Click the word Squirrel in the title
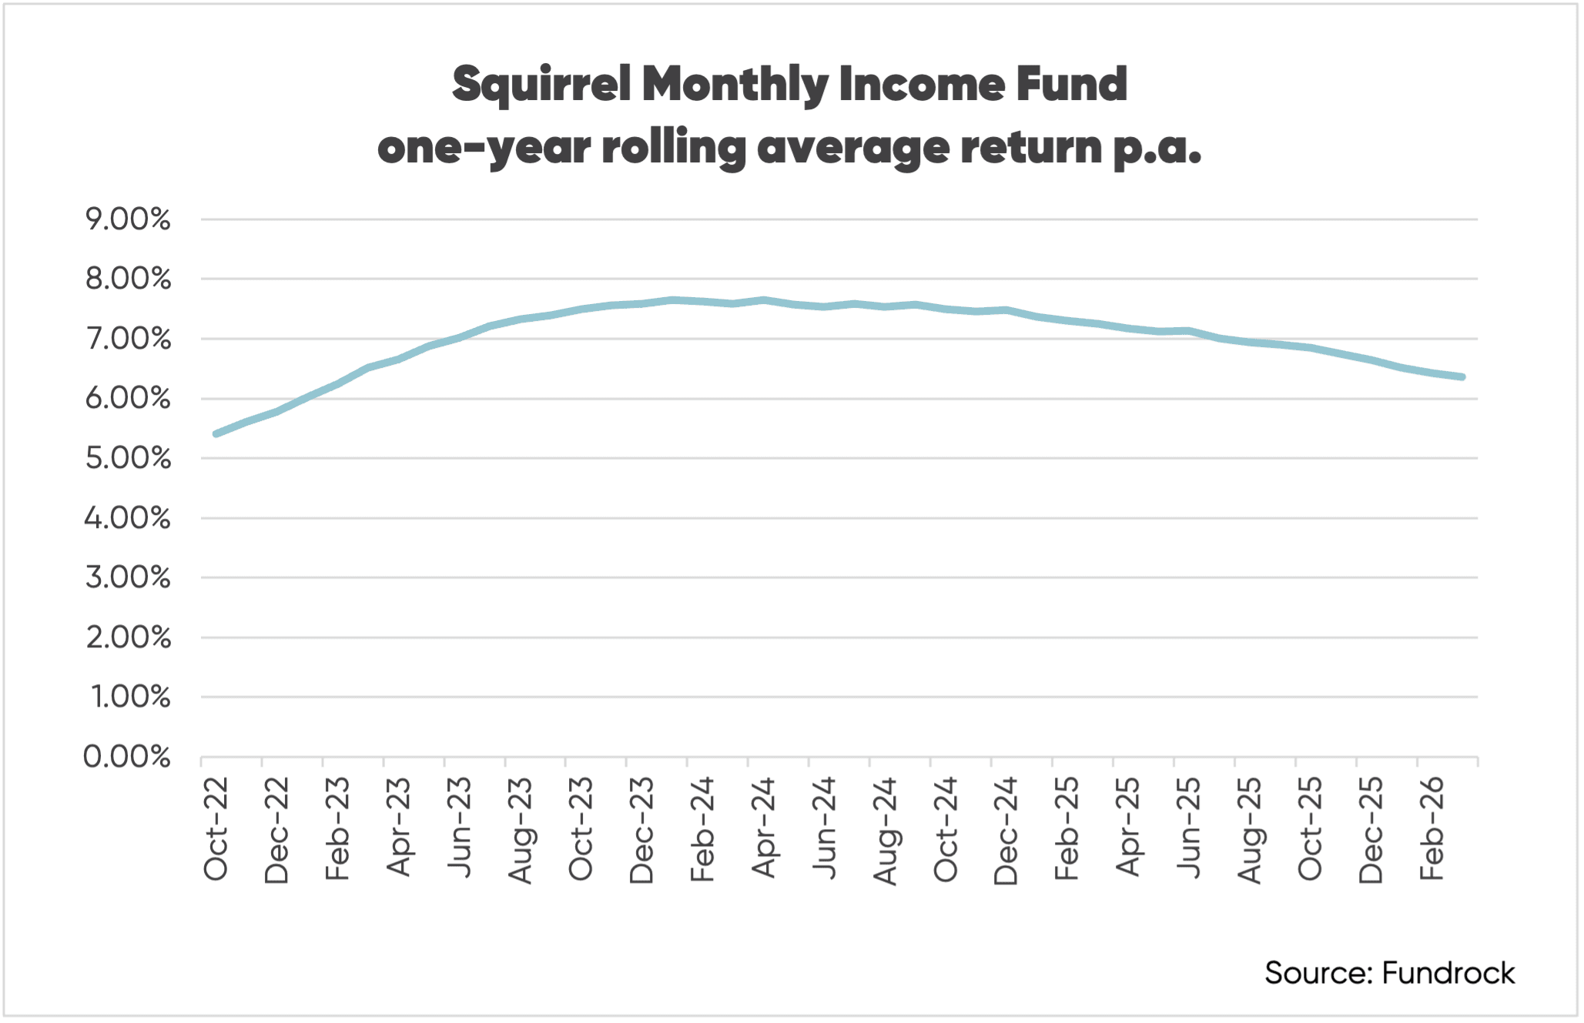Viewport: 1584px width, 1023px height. coord(541,85)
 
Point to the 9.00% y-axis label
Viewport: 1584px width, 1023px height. coord(128,220)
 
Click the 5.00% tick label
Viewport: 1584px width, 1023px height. coord(128,459)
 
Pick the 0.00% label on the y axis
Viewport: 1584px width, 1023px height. coord(127,757)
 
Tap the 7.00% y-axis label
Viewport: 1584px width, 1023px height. coord(128,339)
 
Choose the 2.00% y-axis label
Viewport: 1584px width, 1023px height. coord(128,638)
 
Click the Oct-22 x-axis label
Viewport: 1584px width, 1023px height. coord(216,828)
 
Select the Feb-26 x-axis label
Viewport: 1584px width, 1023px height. coord(1432,828)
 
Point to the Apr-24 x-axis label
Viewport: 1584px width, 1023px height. coord(763,828)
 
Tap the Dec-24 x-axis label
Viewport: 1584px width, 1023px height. coord(1006,828)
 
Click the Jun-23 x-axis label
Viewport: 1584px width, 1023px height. coord(459,828)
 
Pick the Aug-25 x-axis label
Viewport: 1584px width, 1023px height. coord(1249,828)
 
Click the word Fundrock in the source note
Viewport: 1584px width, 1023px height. coord(1448,973)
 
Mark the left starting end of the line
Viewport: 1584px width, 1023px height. coord(216,434)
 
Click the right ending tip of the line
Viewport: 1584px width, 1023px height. coord(1462,377)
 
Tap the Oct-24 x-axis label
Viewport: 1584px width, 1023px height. coord(946,828)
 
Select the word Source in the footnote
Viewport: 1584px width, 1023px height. coord(1318,973)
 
